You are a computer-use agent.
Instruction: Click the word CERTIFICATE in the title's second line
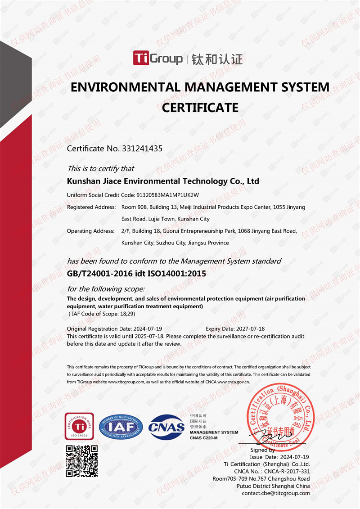pos(200,108)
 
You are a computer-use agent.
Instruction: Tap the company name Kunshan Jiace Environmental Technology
pos(162,181)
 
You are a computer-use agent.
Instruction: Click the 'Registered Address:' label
pos(91,207)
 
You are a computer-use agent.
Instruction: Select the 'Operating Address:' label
pos(90,231)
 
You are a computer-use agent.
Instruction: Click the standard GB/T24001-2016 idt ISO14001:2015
pos(136,273)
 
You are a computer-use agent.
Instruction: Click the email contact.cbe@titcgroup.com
pos(275,493)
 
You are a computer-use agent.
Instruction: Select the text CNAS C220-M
pos(203,438)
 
